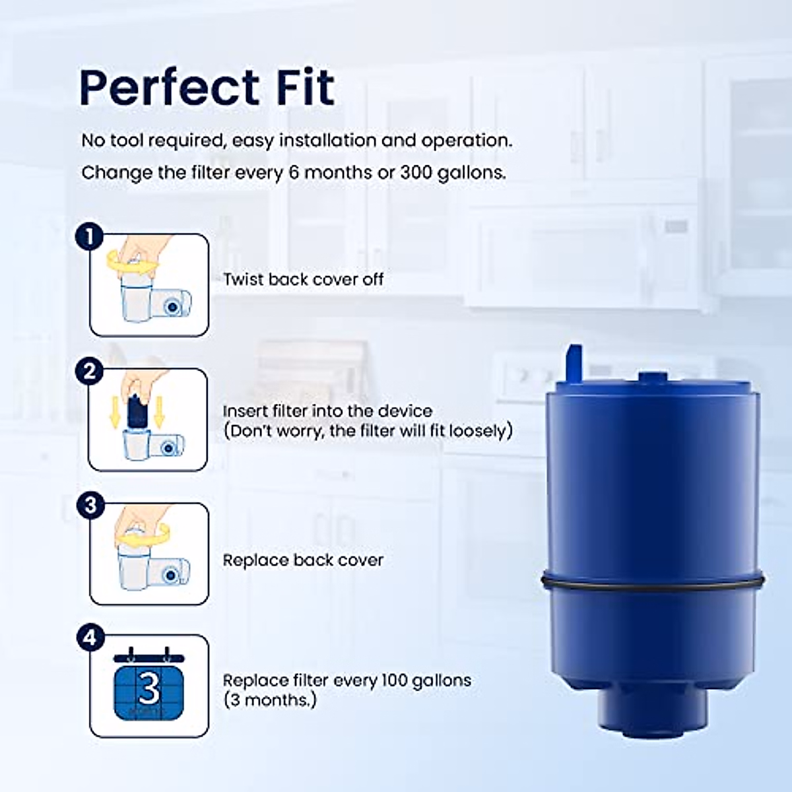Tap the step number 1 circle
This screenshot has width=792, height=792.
pos(90,236)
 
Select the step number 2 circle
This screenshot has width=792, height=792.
pos(90,372)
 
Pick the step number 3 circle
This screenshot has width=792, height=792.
pos(90,506)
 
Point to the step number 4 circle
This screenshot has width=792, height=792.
pos(90,638)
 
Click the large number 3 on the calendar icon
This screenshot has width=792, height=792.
pos(148,689)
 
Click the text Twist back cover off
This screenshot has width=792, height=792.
pos(303,279)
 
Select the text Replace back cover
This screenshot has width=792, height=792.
pos(303,560)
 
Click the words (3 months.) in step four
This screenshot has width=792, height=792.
pos(269,700)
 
